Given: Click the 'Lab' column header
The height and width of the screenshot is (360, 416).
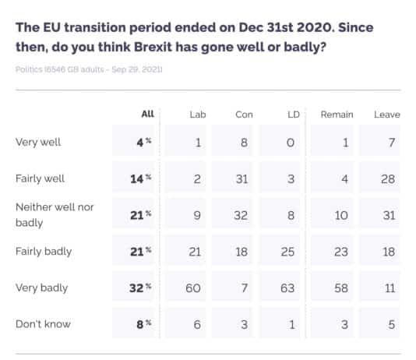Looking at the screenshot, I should (197, 115).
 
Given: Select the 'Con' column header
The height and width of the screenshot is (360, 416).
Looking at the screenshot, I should (244, 115).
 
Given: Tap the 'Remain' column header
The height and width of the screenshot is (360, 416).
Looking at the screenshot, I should (337, 115).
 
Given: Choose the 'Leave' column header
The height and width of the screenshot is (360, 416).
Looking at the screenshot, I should (386, 115).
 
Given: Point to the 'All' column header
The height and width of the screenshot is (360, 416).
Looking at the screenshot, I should (147, 115).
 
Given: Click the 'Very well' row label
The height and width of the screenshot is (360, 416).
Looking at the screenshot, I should (37, 142).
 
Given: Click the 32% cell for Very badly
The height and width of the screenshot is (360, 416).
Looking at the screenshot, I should (139, 288).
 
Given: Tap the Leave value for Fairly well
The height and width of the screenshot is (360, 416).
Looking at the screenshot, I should (390, 178).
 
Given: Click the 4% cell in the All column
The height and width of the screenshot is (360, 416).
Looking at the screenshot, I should (141, 142).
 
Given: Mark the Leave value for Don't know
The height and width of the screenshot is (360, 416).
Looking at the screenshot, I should (392, 324).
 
